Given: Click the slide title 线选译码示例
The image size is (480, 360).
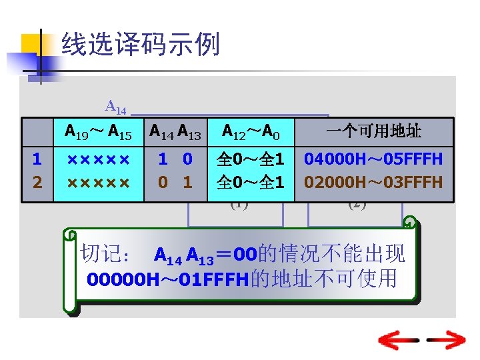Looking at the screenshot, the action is tap(140, 45).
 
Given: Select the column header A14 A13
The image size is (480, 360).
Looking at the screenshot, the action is tap(175, 131).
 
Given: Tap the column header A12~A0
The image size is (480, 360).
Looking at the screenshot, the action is tap(250, 131).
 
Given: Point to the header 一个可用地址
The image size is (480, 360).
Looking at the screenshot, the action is tap(373, 131).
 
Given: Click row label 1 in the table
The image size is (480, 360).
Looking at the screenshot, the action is tap(37, 160).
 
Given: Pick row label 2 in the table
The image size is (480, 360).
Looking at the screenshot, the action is tap(37, 182).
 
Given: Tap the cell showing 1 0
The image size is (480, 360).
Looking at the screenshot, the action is tap(175, 160).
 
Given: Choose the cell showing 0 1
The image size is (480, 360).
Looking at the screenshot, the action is tap(175, 182).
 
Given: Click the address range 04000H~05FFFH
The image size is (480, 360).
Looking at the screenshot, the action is tap(373, 160).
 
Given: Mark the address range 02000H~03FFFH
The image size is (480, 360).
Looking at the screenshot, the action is tap(373, 182).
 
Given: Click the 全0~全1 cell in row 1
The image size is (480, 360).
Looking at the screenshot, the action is tap(250, 160).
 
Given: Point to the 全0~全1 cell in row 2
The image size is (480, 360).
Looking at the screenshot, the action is tap(250, 182).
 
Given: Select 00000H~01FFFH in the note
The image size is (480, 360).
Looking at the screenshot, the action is tap(167, 278).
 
